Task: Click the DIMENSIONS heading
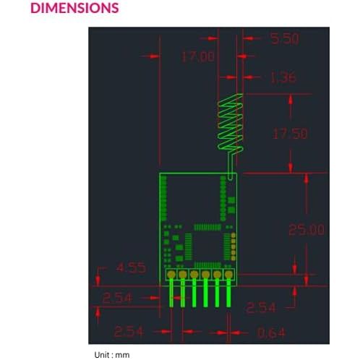pyautogui.click(x=74, y=8)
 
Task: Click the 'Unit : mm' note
pyautogui.click(x=112, y=355)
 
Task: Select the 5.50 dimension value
pyautogui.click(x=285, y=38)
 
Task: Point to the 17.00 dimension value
pyautogui.click(x=198, y=57)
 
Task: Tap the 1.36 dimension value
pyautogui.click(x=283, y=77)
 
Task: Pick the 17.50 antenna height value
pyautogui.click(x=291, y=133)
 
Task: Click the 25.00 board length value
pyautogui.click(x=307, y=229)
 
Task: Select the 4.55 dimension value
pyautogui.click(x=131, y=267)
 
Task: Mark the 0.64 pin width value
pyautogui.click(x=271, y=333)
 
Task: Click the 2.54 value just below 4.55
pyautogui.click(x=117, y=298)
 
